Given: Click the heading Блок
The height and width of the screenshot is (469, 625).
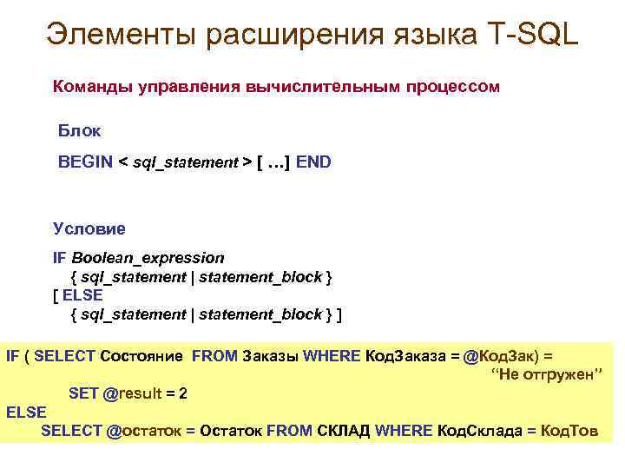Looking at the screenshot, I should coord(79,131).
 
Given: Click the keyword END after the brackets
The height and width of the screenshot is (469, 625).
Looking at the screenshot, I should coord(313,162).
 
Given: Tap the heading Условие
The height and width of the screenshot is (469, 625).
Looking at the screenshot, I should coord(89,229).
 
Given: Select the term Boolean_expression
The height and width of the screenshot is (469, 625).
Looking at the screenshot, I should coord(148,258).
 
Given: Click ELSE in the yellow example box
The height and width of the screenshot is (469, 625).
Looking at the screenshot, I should coord(26,413).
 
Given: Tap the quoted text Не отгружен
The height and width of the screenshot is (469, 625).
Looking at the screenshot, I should coord(547,375).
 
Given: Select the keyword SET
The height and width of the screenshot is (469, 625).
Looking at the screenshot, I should coord(83,393).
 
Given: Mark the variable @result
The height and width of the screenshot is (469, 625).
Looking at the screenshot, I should coord(132,393).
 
